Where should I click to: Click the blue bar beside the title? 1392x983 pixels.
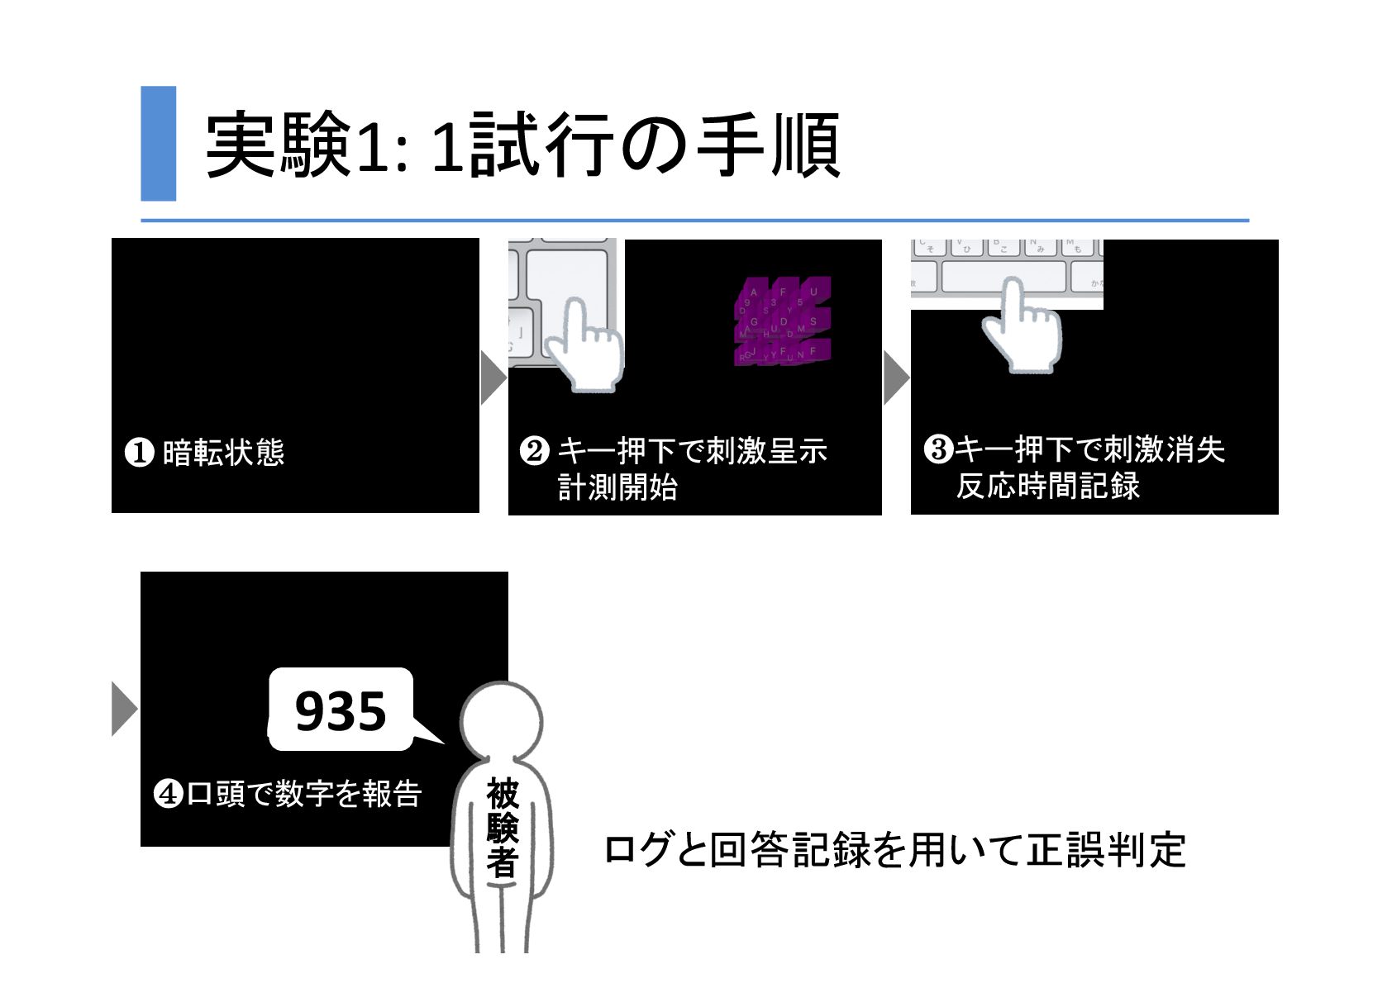pyautogui.click(x=158, y=143)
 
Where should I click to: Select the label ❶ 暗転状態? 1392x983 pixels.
pyautogui.click(x=204, y=453)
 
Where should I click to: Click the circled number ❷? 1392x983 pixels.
pyautogui.click(x=533, y=451)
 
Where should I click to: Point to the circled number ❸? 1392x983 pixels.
pyautogui.click(x=937, y=449)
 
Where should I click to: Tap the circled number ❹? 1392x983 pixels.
pyautogui.click(x=168, y=795)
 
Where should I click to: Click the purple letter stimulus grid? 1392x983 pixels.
pyautogui.click(x=780, y=322)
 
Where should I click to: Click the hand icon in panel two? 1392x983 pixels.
pyautogui.click(x=586, y=343)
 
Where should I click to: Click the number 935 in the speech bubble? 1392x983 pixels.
pyautogui.click(x=341, y=711)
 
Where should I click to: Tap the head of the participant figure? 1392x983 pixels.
pyautogui.click(x=501, y=719)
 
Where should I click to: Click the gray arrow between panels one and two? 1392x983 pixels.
pyautogui.click(x=493, y=377)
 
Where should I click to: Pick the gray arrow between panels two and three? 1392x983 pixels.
pyautogui.click(x=896, y=378)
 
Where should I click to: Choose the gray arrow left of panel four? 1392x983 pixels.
pyautogui.click(x=125, y=708)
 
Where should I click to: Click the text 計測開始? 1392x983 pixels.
pyautogui.click(x=617, y=487)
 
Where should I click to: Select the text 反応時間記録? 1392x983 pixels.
pyautogui.click(x=1048, y=486)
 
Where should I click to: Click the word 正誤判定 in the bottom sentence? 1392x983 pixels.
pyautogui.click(x=1106, y=851)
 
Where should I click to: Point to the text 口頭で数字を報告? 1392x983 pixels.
pyautogui.click(x=304, y=794)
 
